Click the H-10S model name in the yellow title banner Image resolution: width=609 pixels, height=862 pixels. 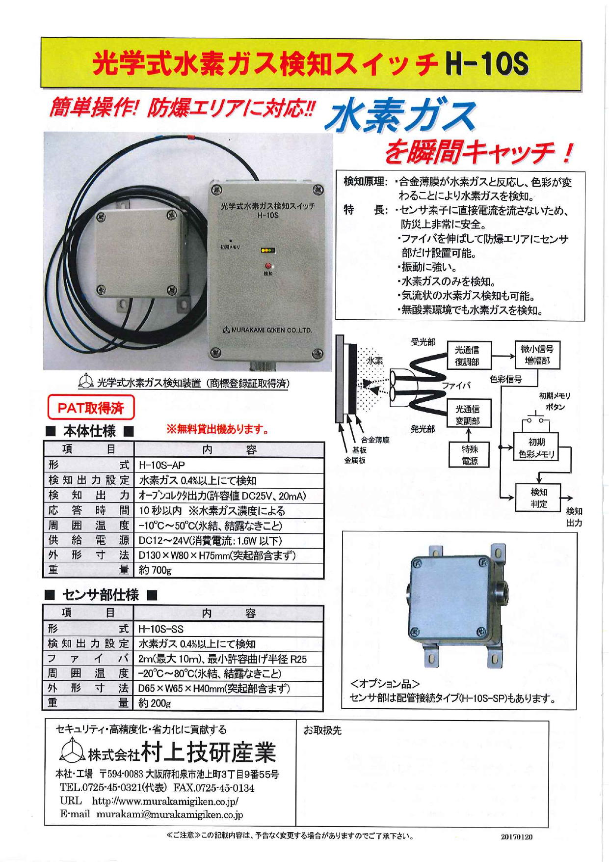(x=487, y=64)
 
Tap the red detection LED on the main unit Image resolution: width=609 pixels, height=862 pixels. (x=268, y=266)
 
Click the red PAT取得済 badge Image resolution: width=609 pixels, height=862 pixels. (x=91, y=408)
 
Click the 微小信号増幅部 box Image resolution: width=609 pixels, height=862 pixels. (x=537, y=355)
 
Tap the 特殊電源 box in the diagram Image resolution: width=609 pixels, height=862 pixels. (x=469, y=455)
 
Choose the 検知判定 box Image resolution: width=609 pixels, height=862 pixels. (x=538, y=498)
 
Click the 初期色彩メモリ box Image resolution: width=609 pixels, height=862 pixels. (x=536, y=448)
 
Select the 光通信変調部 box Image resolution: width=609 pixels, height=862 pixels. (x=468, y=415)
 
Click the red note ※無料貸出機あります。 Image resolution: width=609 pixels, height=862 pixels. (x=218, y=429)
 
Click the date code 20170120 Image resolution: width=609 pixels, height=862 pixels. (x=516, y=837)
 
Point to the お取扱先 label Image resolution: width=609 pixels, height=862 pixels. (x=322, y=730)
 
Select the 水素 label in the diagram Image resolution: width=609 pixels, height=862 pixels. (x=375, y=361)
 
